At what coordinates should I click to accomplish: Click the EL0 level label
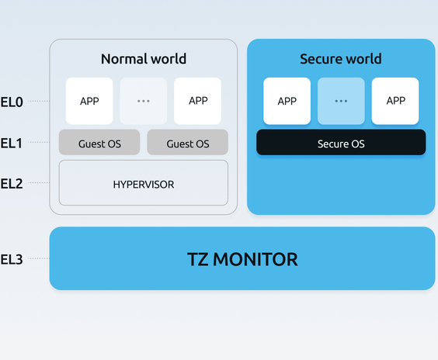pyautogui.click(x=12, y=102)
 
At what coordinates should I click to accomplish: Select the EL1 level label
pyautogui.click(x=12, y=144)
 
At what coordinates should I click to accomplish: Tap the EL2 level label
pyautogui.click(x=12, y=184)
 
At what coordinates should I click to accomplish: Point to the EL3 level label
pyautogui.click(x=12, y=259)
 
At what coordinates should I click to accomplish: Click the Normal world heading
pyautogui.click(x=144, y=59)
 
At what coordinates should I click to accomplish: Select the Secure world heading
pyautogui.click(x=341, y=59)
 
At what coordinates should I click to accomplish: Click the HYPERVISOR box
pyautogui.click(x=144, y=183)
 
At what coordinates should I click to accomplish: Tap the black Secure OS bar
pyautogui.click(x=341, y=142)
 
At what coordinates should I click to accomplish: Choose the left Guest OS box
pyautogui.click(x=99, y=142)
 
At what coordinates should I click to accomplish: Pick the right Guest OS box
pyautogui.click(x=188, y=142)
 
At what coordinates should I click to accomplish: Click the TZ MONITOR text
pyautogui.click(x=242, y=259)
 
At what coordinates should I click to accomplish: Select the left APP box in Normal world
pyautogui.click(x=89, y=101)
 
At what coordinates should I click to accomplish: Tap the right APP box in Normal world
pyautogui.click(x=198, y=101)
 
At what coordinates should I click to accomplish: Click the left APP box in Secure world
pyautogui.click(x=287, y=101)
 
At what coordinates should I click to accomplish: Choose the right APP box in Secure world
pyautogui.click(x=395, y=101)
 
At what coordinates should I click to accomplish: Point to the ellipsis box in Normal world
pyautogui.click(x=144, y=101)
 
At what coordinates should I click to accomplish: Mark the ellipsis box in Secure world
pyautogui.click(x=341, y=101)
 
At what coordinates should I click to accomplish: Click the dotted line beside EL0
pyautogui.click(x=39, y=101)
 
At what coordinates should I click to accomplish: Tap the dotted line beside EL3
pyautogui.click(x=39, y=258)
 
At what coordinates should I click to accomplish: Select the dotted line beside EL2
pyautogui.click(x=39, y=183)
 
